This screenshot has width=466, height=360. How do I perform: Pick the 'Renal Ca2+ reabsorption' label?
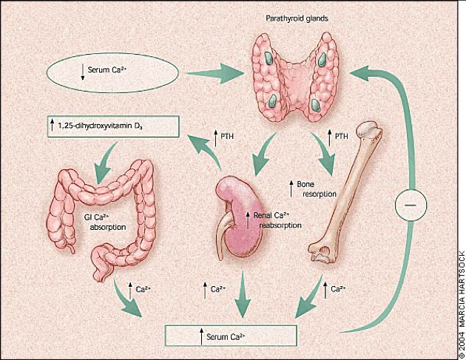coord(274,220)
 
